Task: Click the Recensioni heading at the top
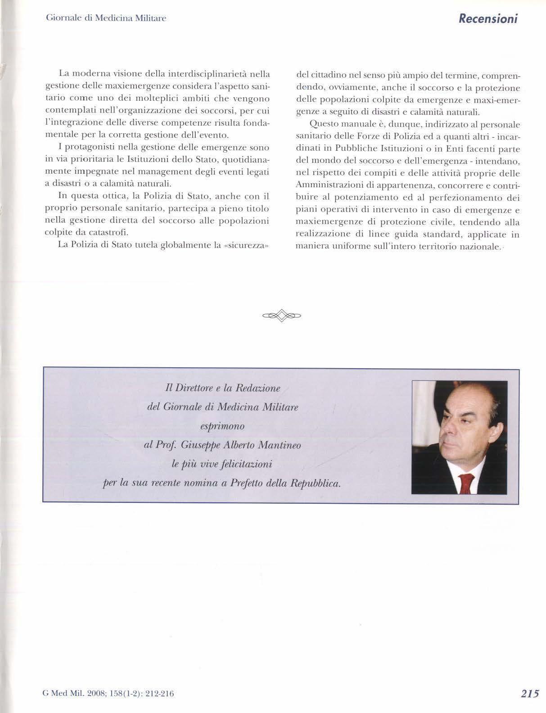coord(488,18)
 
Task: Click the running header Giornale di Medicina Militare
coord(106,18)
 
